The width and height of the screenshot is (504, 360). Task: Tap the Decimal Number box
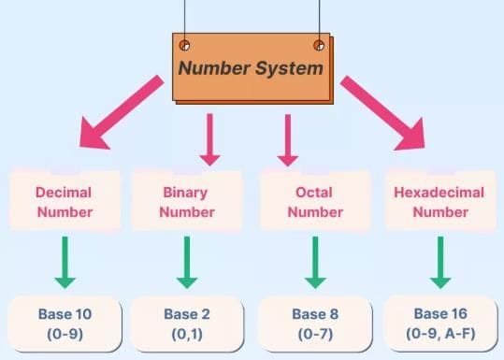pos(65,200)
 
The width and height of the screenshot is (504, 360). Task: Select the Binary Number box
pos(187,200)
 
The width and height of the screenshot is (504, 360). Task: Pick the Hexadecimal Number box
pos(439,200)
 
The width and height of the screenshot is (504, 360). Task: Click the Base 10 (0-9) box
pos(65,321)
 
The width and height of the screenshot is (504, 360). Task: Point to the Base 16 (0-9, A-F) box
pos(439,321)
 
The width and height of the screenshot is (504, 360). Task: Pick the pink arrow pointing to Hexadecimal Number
pos(378,113)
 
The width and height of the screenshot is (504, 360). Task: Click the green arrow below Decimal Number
pos(65,261)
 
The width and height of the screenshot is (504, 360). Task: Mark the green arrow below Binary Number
pos(187,261)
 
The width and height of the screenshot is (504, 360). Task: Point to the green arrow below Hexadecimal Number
pos(439,261)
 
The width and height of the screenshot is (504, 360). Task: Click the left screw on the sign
pos(184,45)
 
